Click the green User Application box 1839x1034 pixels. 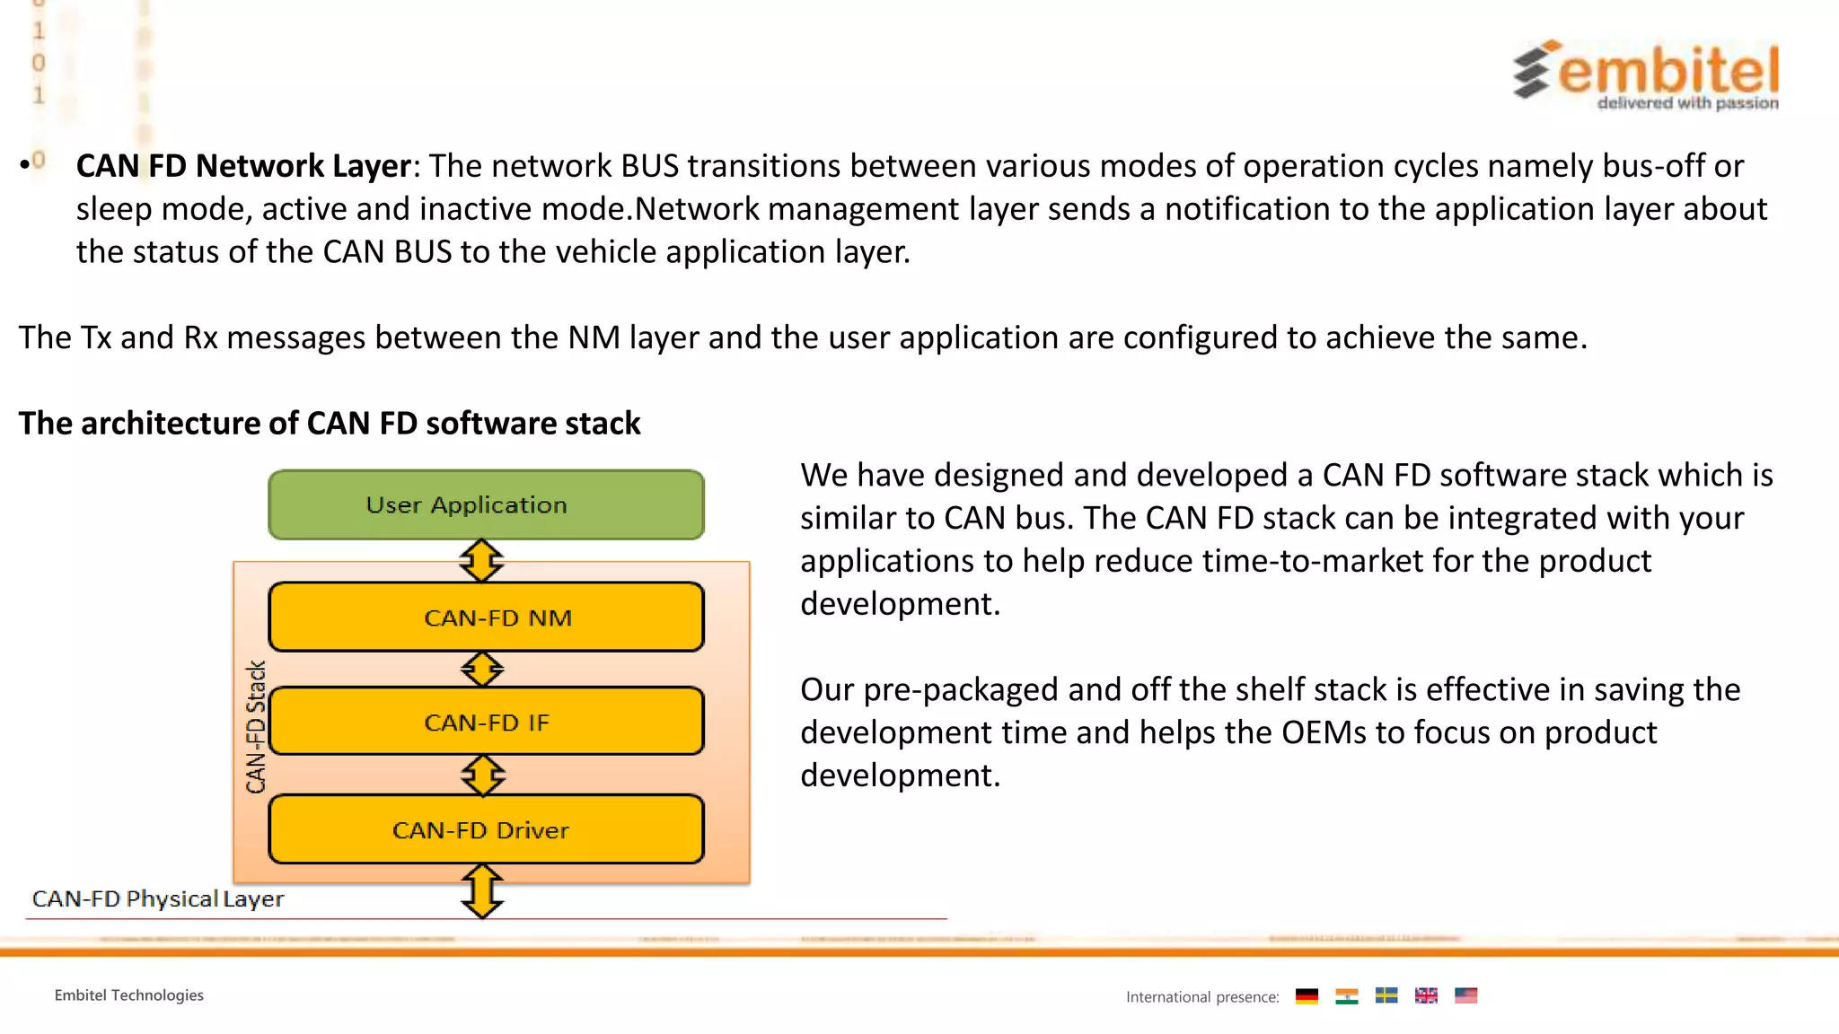(486, 504)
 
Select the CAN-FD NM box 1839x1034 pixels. (486, 618)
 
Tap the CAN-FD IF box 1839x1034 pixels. (486, 722)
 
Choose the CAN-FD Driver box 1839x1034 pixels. (486, 829)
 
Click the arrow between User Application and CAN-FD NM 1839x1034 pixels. (481, 561)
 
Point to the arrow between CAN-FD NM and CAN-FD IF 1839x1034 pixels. (482, 670)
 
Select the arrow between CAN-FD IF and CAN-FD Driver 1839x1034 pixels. (483, 775)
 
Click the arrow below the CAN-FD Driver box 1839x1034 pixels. (482, 890)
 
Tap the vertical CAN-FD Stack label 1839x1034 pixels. (256, 727)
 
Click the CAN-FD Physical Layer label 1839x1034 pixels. (158, 898)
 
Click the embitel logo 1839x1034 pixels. (1647, 74)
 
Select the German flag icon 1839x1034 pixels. (1307, 996)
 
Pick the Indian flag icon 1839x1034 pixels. (1346, 996)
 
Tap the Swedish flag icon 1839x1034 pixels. (1386, 995)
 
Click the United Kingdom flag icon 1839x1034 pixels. (1426, 995)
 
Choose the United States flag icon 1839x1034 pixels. (1465, 995)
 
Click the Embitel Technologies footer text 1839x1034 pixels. (129, 995)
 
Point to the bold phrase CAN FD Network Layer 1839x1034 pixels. (243, 166)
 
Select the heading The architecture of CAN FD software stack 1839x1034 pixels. (330, 423)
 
